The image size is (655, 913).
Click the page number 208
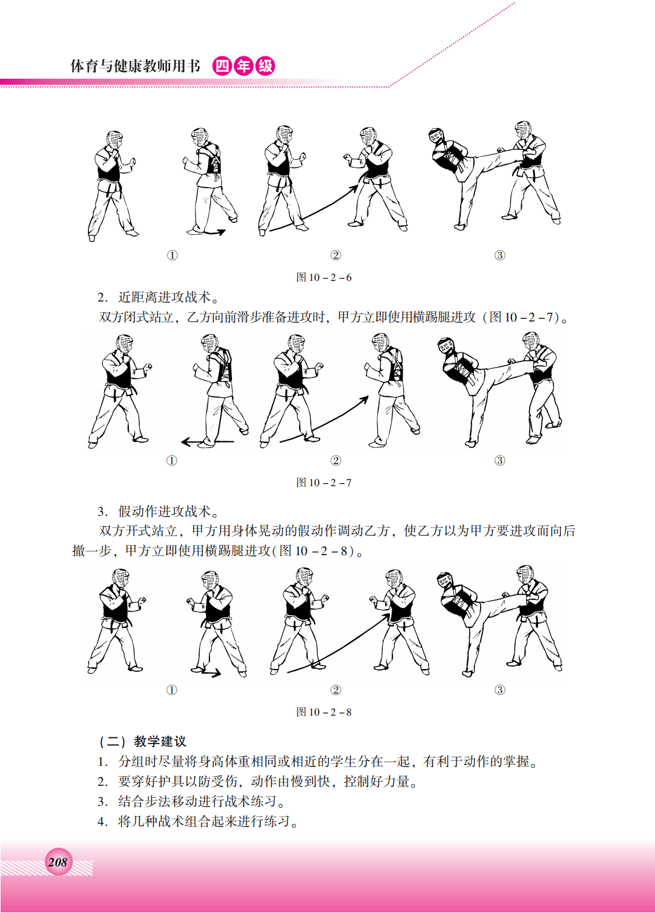[58, 862]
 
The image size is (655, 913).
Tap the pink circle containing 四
[222, 66]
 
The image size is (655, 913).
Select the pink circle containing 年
[243, 66]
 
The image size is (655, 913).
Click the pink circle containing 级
[265, 66]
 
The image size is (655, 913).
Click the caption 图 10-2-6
[324, 277]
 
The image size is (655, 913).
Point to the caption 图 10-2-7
[324, 483]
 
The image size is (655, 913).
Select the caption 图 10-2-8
[324, 712]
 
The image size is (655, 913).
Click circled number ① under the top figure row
[173, 255]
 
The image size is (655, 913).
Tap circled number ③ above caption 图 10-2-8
[499, 690]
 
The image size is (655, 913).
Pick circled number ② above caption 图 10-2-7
[335, 461]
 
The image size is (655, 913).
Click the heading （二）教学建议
[142, 742]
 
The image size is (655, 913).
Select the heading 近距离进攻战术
[164, 297]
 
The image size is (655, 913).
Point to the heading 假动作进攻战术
[164, 511]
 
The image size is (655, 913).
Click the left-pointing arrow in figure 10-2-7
[208, 441]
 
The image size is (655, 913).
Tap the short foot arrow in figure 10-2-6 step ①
[214, 232]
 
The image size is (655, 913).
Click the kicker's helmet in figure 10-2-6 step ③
[436, 136]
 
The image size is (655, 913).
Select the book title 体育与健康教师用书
[136, 66]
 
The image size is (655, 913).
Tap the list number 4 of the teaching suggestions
[102, 822]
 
